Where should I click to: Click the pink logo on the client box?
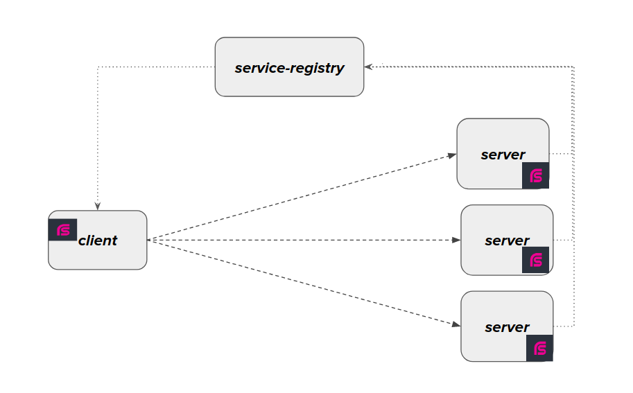pyautogui.click(x=62, y=229)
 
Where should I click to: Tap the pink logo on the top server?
pyautogui.click(x=536, y=175)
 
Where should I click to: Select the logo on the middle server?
pyautogui.click(x=536, y=260)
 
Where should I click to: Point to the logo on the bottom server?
pyautogui.click(x=540, y=348)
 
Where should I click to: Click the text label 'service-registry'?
pyautogui.click(x=289, y=68)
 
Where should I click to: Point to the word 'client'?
pyautogui.click(x=98, y=241)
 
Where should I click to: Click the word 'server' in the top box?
pyautogui.click(x=503, y=155)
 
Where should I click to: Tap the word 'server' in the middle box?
pyautogui.click(x=507, y=241)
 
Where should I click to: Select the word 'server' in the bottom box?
pyautogui.click(x=507, y=327)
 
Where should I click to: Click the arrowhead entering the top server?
pyautogui.click(x=451, y=155)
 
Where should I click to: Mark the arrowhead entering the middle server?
pyautogui.click(x=456, y=240)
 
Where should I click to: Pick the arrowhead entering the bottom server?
pyautogui.click(x=456, y=324)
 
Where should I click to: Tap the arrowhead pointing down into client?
pyautogui.click(x=98, y=206)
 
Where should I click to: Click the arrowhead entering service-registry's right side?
pyautogui.click(x=370, y=67)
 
